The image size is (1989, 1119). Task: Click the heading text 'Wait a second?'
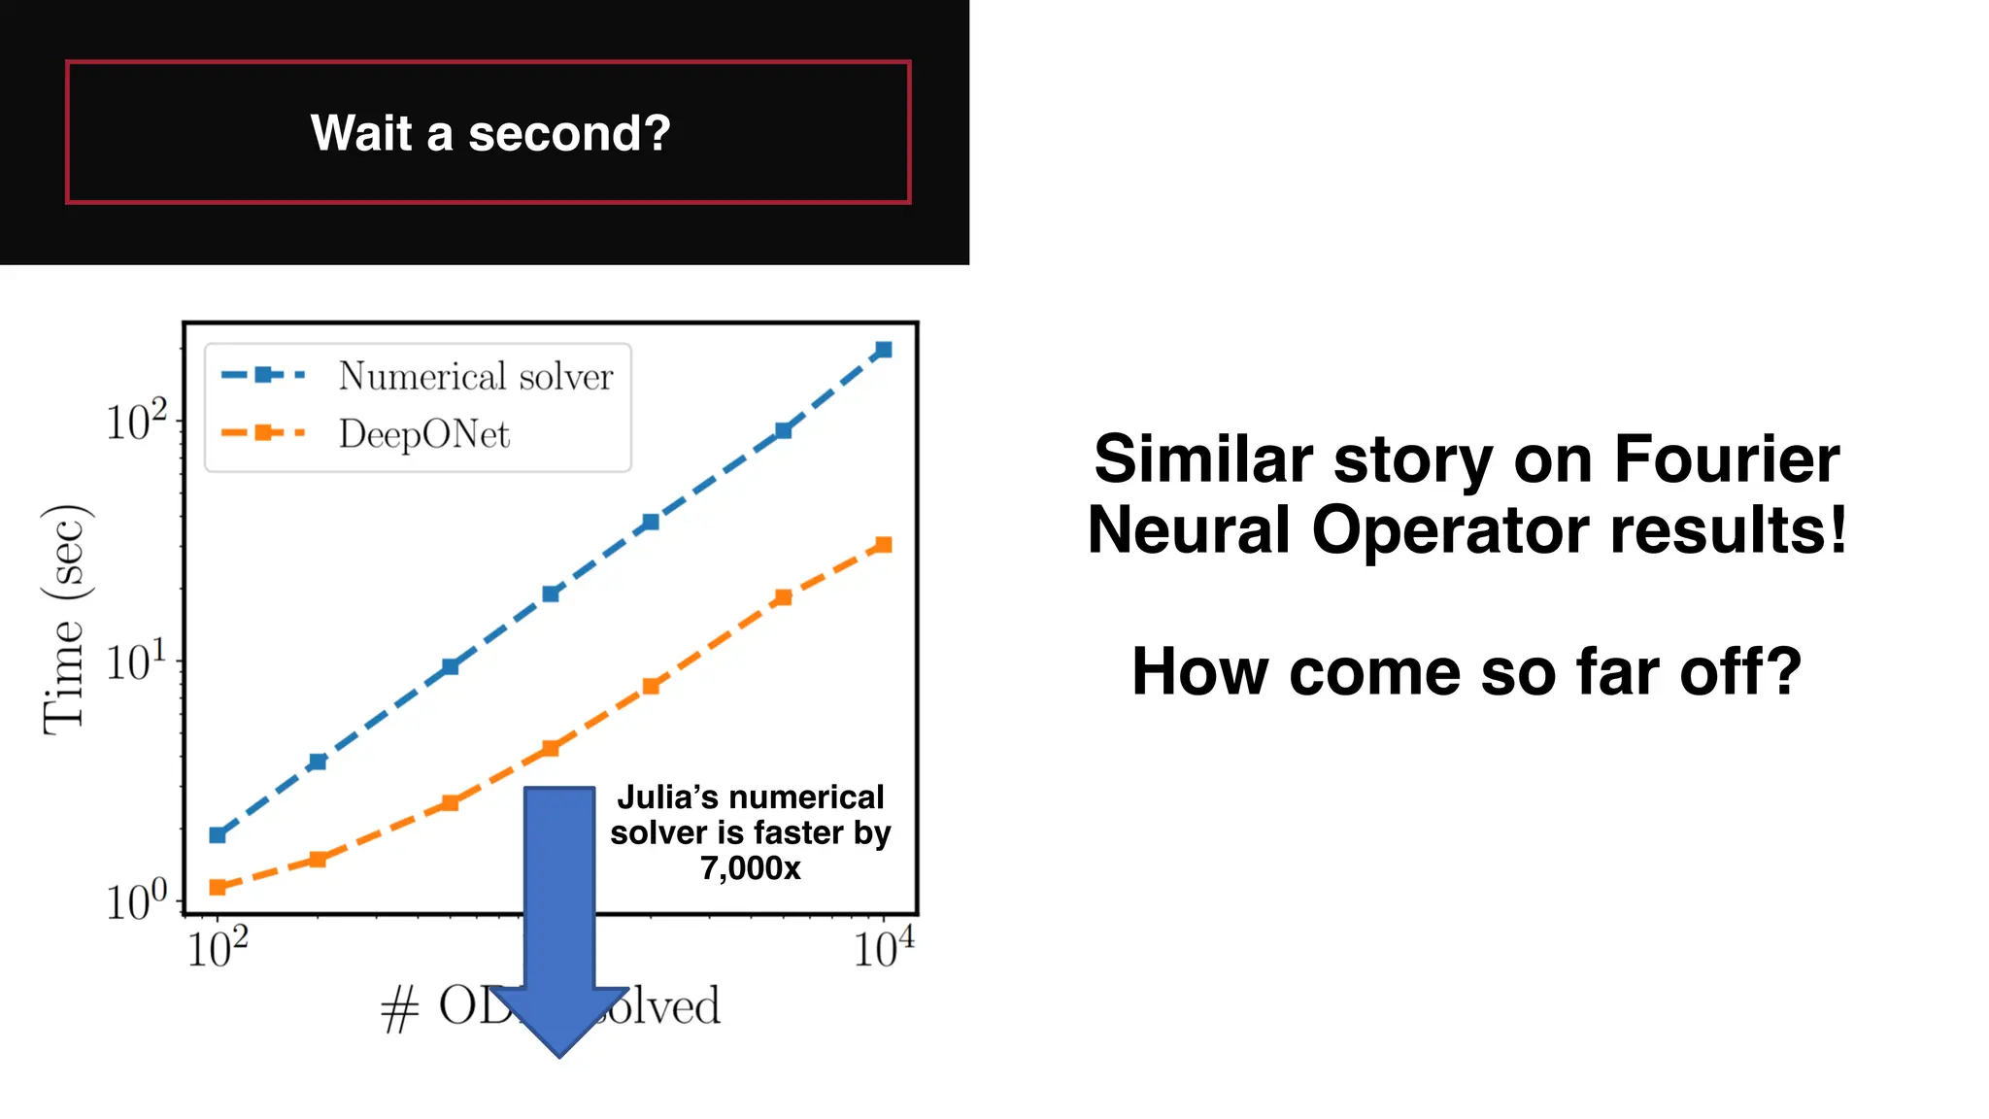click(x=490, y=133)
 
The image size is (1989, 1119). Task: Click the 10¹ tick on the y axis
click(x=136, y=662)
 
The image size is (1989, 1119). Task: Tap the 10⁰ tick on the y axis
click(x=136, y=900)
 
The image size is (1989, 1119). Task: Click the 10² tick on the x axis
click(x=218, y=948)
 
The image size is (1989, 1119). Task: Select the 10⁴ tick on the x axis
click(x=883, y=948)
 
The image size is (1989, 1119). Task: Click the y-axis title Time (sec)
click(x=66, y=620)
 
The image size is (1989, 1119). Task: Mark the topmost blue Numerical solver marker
click(x=883, y=350)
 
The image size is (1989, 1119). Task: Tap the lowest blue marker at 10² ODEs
click(x=218, y=834)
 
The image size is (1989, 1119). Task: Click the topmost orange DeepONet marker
click(x=883, y=545)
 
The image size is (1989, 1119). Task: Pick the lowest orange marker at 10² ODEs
click(x=218, y=887)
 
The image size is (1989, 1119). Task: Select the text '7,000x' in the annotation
click(x=750, y=867)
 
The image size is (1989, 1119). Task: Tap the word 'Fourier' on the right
click(x=1726, y=458)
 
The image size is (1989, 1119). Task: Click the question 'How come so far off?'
click(x=1466, y=671)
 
